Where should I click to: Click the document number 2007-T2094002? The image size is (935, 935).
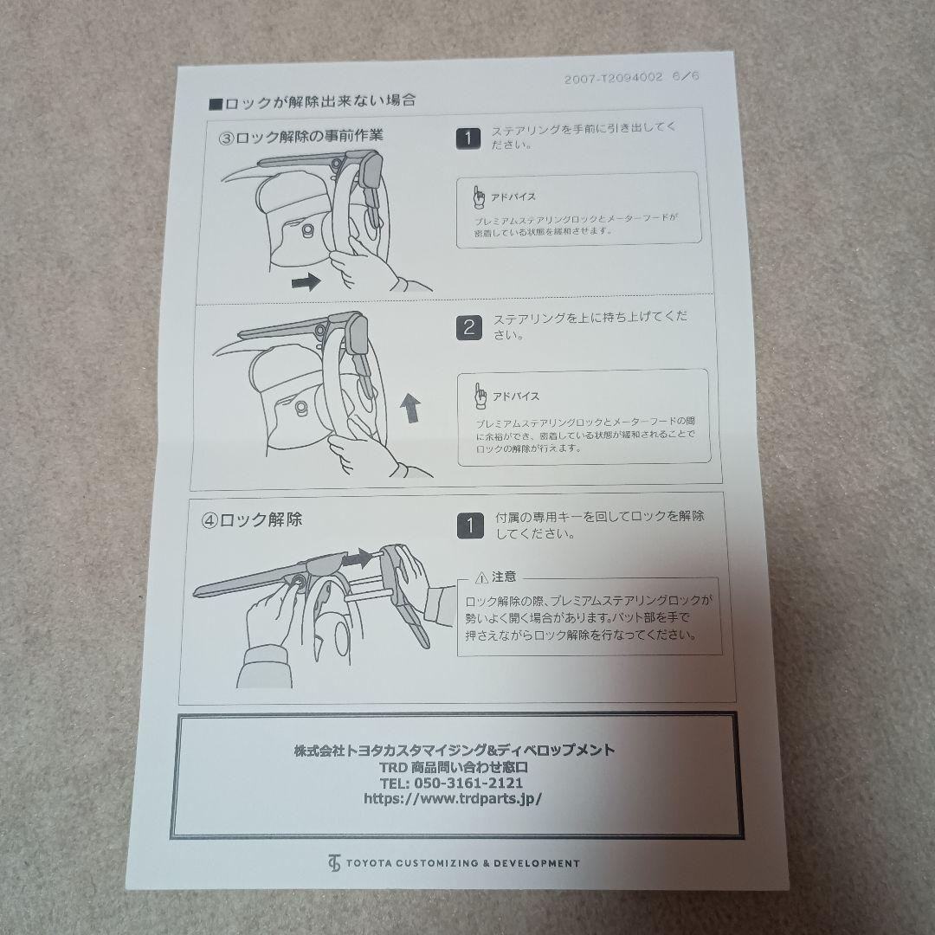pos(613,78)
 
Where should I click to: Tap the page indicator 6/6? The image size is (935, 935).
pos(685,76)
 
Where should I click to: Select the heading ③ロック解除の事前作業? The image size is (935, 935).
pos(301,137)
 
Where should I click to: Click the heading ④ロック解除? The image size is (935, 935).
pos(252,520)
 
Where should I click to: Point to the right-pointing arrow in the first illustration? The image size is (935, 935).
pos(306,281)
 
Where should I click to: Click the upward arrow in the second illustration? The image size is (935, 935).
pos(410,408)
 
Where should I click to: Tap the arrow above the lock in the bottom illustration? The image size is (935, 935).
pos(358,558)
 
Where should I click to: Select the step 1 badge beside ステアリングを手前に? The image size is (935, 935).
pos(468,139)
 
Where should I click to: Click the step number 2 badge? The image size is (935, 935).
pos(469,327)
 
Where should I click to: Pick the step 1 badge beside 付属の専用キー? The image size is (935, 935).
pos(470,526)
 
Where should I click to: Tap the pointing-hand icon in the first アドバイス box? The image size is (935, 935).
pos(478,197)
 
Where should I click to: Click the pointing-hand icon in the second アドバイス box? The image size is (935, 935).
pos(480,396)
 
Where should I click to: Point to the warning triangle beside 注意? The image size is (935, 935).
pos(482,577)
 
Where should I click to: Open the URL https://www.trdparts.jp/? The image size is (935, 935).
pos(453,799)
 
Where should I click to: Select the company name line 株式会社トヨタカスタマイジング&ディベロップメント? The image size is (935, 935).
pos(455,750)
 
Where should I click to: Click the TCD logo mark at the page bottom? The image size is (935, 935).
pos(334,863)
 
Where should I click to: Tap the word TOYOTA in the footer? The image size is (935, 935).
pos(369,863)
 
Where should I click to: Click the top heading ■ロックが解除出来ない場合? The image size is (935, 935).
pos(312,101)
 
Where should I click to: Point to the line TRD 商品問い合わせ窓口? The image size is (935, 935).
pos(454,767)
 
